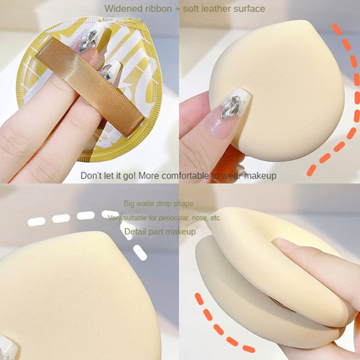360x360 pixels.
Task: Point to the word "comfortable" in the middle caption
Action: [x=185, y=176]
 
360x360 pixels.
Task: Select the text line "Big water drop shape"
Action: [x=158, y=204]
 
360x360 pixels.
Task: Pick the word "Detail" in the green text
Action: [x=135, y=231]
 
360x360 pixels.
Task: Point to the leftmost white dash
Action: [x=36, y=221]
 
